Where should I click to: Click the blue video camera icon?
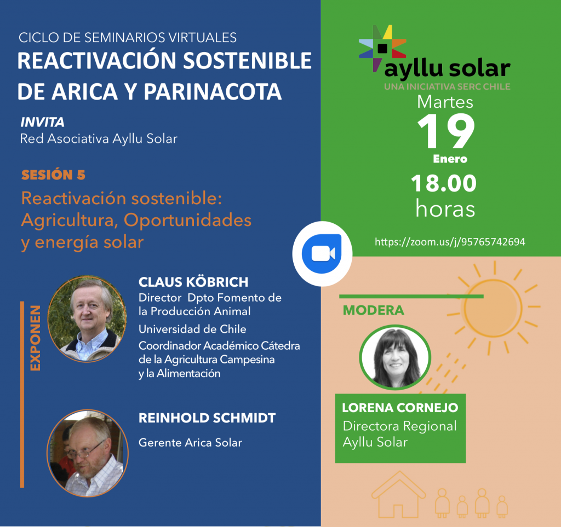(x=322, y=254)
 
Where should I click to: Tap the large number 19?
(x=446, y=131)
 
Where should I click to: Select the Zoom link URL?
(x=450, y=242)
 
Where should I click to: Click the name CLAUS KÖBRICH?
(x=193, y=282)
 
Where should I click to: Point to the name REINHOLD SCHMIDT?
(x=207, y=418)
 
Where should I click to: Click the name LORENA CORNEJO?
(x=400, y=408)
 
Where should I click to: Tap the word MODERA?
(x=373, y=310)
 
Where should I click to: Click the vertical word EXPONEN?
(x=35, y=338)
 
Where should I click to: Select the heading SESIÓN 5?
(x=53, y=175)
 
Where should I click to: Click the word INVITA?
(x=42, y=122)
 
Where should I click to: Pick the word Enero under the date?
(x=450, y=159)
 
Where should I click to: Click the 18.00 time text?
(x=444, y=183)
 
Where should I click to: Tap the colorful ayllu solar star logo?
(x=382, y=48)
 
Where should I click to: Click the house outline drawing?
(x=399, y=494)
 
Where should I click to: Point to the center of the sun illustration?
(x=493, y=308)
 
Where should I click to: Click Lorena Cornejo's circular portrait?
(x=395, y=357)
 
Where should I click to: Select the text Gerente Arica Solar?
(x=190, y=443)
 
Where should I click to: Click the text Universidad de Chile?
(x=192, y=329)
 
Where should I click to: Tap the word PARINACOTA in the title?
(x=213, y=91)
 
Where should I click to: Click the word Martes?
(x=445, y=102)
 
